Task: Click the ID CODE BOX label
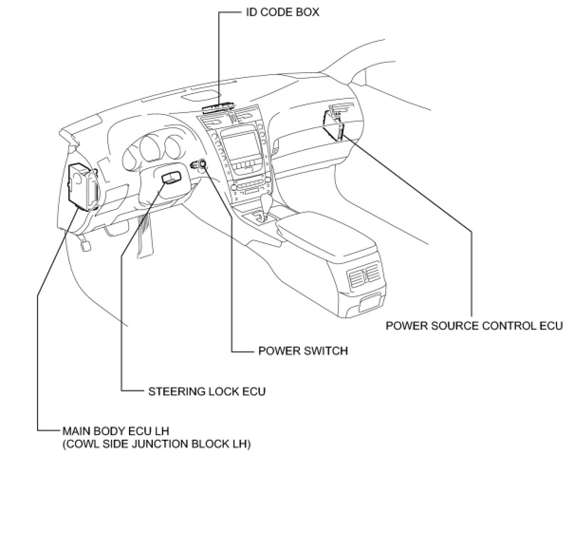(x=282, y=12)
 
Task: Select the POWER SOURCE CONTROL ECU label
(x=474, y=326)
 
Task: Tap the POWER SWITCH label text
(x=303, y=351)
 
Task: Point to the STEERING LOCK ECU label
(x=207, y=391)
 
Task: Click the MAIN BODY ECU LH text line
(x=116, y=431)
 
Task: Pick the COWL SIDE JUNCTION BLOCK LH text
(x=157, y=445)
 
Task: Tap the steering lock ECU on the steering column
(x=171, y=178)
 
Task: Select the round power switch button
(x=203, y=164)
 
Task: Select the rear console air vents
(x=364, y=276)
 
